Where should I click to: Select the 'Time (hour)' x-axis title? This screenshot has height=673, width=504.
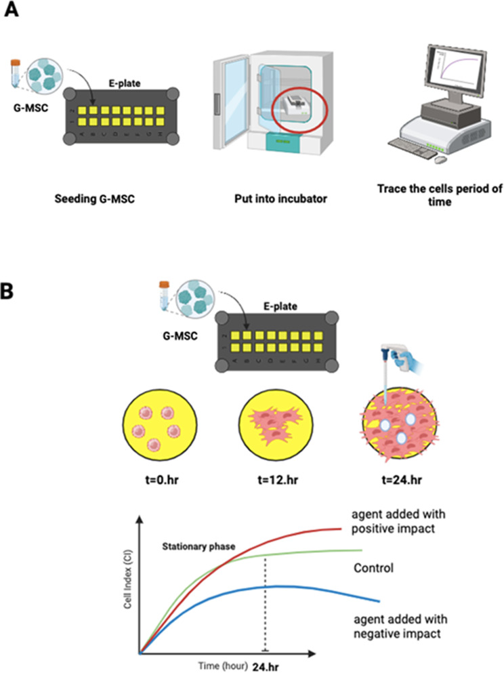tap(220, 665)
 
